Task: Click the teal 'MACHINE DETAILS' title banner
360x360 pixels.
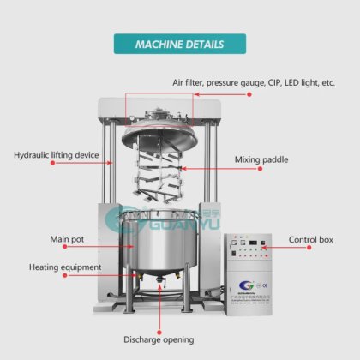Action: (179, 44)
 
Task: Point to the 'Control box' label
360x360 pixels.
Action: (310, 239)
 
